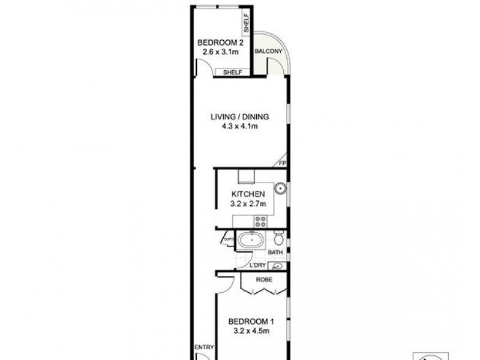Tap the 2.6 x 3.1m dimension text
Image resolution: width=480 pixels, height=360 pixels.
coord(220,52)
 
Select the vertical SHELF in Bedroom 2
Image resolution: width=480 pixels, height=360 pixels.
coord(247,24)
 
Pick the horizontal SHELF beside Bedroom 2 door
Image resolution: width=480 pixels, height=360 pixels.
coord(233,72)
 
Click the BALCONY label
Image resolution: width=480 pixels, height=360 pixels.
coord(268,52)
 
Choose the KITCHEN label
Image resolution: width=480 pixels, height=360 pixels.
coord(248,194)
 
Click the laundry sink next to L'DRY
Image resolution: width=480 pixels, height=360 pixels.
coord(278,266)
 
